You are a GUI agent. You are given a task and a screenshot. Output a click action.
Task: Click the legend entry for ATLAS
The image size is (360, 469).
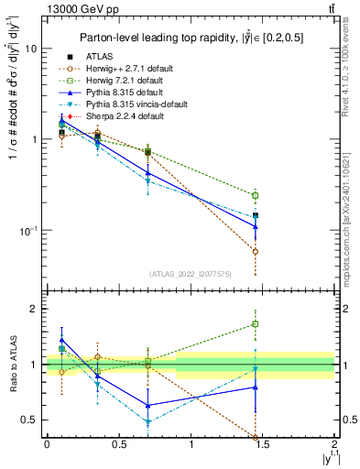[x=96, y=58]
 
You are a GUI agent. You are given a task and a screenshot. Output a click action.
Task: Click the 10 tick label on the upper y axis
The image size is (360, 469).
[x=29, y=49]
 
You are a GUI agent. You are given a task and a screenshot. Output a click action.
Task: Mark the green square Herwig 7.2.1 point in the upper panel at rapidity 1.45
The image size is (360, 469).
[x=256, y=195]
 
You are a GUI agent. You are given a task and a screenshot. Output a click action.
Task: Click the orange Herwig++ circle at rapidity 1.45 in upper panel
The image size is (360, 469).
[x=256, y=251]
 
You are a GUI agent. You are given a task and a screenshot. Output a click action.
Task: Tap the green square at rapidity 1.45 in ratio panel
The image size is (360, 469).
[x=256, y=323]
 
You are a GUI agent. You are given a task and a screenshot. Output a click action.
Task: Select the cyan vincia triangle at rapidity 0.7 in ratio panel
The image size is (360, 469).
[x=147, y=422]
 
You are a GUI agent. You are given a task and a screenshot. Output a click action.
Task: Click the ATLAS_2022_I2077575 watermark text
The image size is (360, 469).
[x=191, y=274]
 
